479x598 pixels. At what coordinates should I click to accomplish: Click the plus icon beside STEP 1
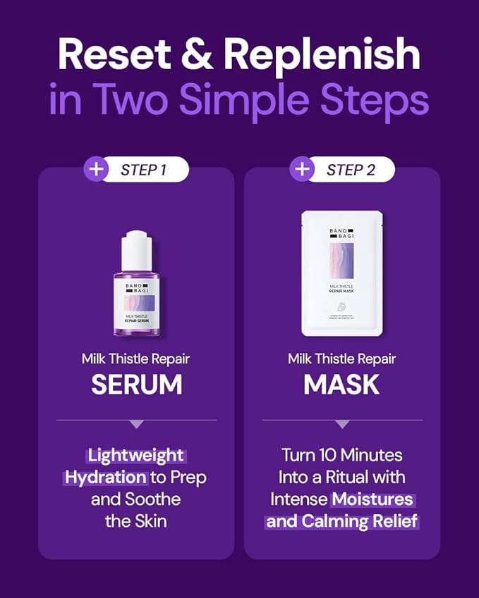coord(95,170)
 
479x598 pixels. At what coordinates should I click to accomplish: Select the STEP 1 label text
coord(143,170)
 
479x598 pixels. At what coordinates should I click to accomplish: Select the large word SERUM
coord(136,384)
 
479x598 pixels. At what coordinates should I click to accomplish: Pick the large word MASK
coord(341,384)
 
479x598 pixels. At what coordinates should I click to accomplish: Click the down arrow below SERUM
coord(136,424)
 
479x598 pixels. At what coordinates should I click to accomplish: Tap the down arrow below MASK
coord(342,424)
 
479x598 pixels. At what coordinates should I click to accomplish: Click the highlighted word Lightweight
coord(136,455)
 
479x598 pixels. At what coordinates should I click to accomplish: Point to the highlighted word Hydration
coord(107,477)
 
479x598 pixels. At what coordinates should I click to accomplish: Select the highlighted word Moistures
coord(373,499)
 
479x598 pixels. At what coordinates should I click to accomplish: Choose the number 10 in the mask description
coord(332,455)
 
